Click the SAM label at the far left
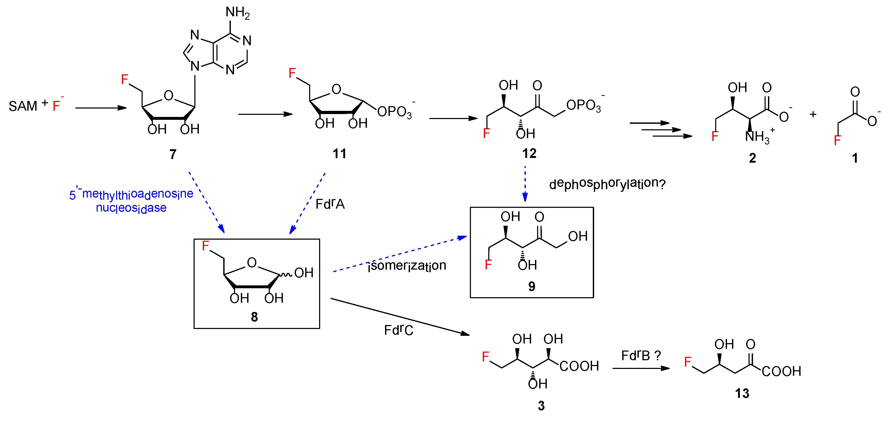pos(23,106)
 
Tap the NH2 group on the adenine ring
pos(237,12)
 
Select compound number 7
pos(173,154)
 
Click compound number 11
pos(339,154)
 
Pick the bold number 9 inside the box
pos(532,286)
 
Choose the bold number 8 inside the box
pos(254,316)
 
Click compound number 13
pos(742,393)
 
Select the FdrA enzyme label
pos(330,204)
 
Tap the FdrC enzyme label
pos(398,330)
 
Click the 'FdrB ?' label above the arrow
pos(641,356)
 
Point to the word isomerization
pos(407,265)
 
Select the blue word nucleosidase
pos(131,208)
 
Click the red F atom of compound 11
pos(292,73)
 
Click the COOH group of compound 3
pos(579,366)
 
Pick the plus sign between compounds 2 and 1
pos(813,115)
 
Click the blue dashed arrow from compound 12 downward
pos(525,184)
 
